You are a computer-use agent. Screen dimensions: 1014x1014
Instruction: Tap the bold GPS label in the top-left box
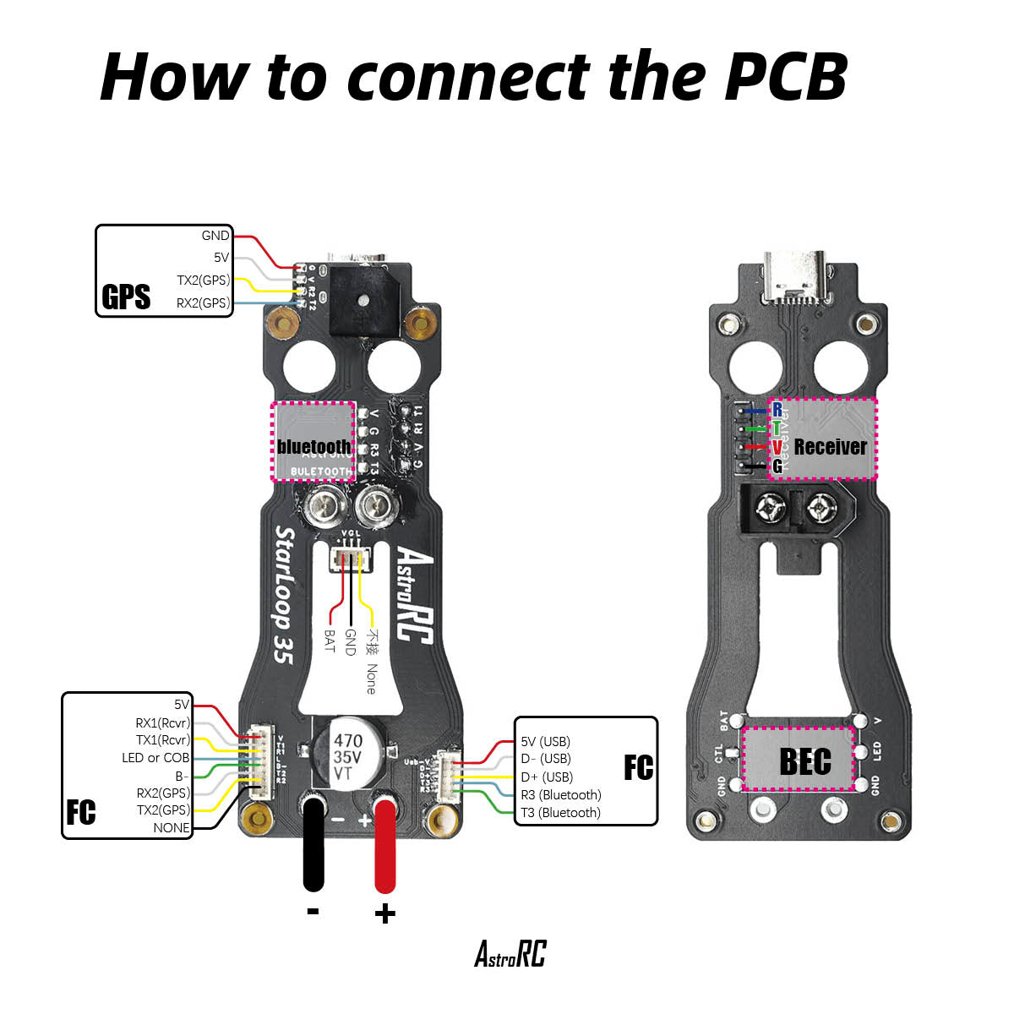126,297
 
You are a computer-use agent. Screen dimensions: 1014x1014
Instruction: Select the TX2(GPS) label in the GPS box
203,280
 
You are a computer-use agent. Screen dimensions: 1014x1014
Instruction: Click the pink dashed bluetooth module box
313,441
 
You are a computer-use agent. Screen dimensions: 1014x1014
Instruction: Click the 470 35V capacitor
348,749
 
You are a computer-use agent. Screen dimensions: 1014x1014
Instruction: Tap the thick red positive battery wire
385,845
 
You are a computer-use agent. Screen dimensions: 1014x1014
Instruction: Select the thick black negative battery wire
313,845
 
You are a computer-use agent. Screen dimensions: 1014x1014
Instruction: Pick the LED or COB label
155,758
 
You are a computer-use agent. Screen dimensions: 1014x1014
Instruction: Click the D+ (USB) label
547,777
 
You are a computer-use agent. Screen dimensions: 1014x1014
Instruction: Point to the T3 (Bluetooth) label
560,812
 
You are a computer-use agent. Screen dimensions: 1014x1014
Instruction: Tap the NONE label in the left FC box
172,827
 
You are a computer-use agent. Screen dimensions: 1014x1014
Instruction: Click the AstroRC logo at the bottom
510,954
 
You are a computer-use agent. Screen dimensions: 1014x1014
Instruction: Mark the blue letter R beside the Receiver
777,410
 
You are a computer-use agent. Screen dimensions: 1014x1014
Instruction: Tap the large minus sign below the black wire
313,911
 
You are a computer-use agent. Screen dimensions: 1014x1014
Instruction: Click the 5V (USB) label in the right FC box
545,741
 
